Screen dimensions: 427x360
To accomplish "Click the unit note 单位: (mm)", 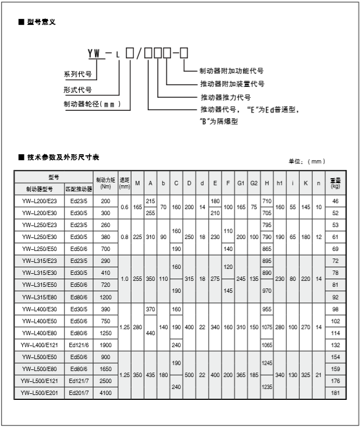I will pyautogui.click(x=307, y=161).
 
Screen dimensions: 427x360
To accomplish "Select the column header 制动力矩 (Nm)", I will pyautogui.click(x=106, y=183).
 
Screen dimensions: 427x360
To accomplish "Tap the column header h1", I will pyautogui.click(x=280, y=183).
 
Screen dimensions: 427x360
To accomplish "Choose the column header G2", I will pyautogui.click(x=254, y=183).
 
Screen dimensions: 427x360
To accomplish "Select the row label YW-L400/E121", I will pyautogui.click(x=39, y=344).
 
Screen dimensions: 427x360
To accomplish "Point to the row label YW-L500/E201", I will pyautogui.click(x=39, y=392).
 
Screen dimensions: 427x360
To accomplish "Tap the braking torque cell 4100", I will pyautogui.click(x=105, y=392).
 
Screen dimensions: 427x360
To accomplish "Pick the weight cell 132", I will pyautogui.click(x=336, y=344).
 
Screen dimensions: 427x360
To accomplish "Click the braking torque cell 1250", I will pyautogui.click(x=105, y=332).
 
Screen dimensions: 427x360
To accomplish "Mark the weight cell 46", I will pyautogui.click(x=336, y=201).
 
